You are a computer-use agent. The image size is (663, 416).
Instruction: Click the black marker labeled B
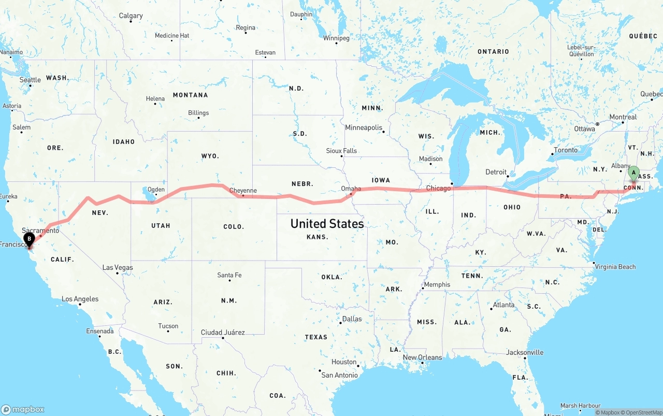tap(29, 239)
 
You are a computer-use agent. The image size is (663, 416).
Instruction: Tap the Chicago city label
tap(438, 188)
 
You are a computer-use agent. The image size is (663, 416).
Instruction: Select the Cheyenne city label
tap(243, 191)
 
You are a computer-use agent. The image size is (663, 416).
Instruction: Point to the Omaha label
tap(351, 189)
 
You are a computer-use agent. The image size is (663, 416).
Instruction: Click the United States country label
tap(327, 224)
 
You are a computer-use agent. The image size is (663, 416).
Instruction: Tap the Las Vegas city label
tap(118, 268)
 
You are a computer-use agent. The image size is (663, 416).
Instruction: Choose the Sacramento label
tap(40, 231)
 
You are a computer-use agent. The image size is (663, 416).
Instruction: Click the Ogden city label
tap(156, 190)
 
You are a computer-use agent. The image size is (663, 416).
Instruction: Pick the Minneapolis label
tap(364, 127)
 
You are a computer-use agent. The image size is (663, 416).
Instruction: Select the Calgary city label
tap(131, 16)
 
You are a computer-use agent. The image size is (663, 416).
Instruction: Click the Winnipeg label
tap(336, 38)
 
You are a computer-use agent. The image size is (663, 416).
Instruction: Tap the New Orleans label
tap(422, 357)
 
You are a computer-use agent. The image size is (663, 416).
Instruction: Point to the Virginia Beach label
tap(615, 267)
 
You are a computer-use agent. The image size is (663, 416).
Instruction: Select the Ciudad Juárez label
tap(223, 333)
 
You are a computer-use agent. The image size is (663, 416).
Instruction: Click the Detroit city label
tap(496, 172)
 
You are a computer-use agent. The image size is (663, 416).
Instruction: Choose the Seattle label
tap(30, 80)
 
